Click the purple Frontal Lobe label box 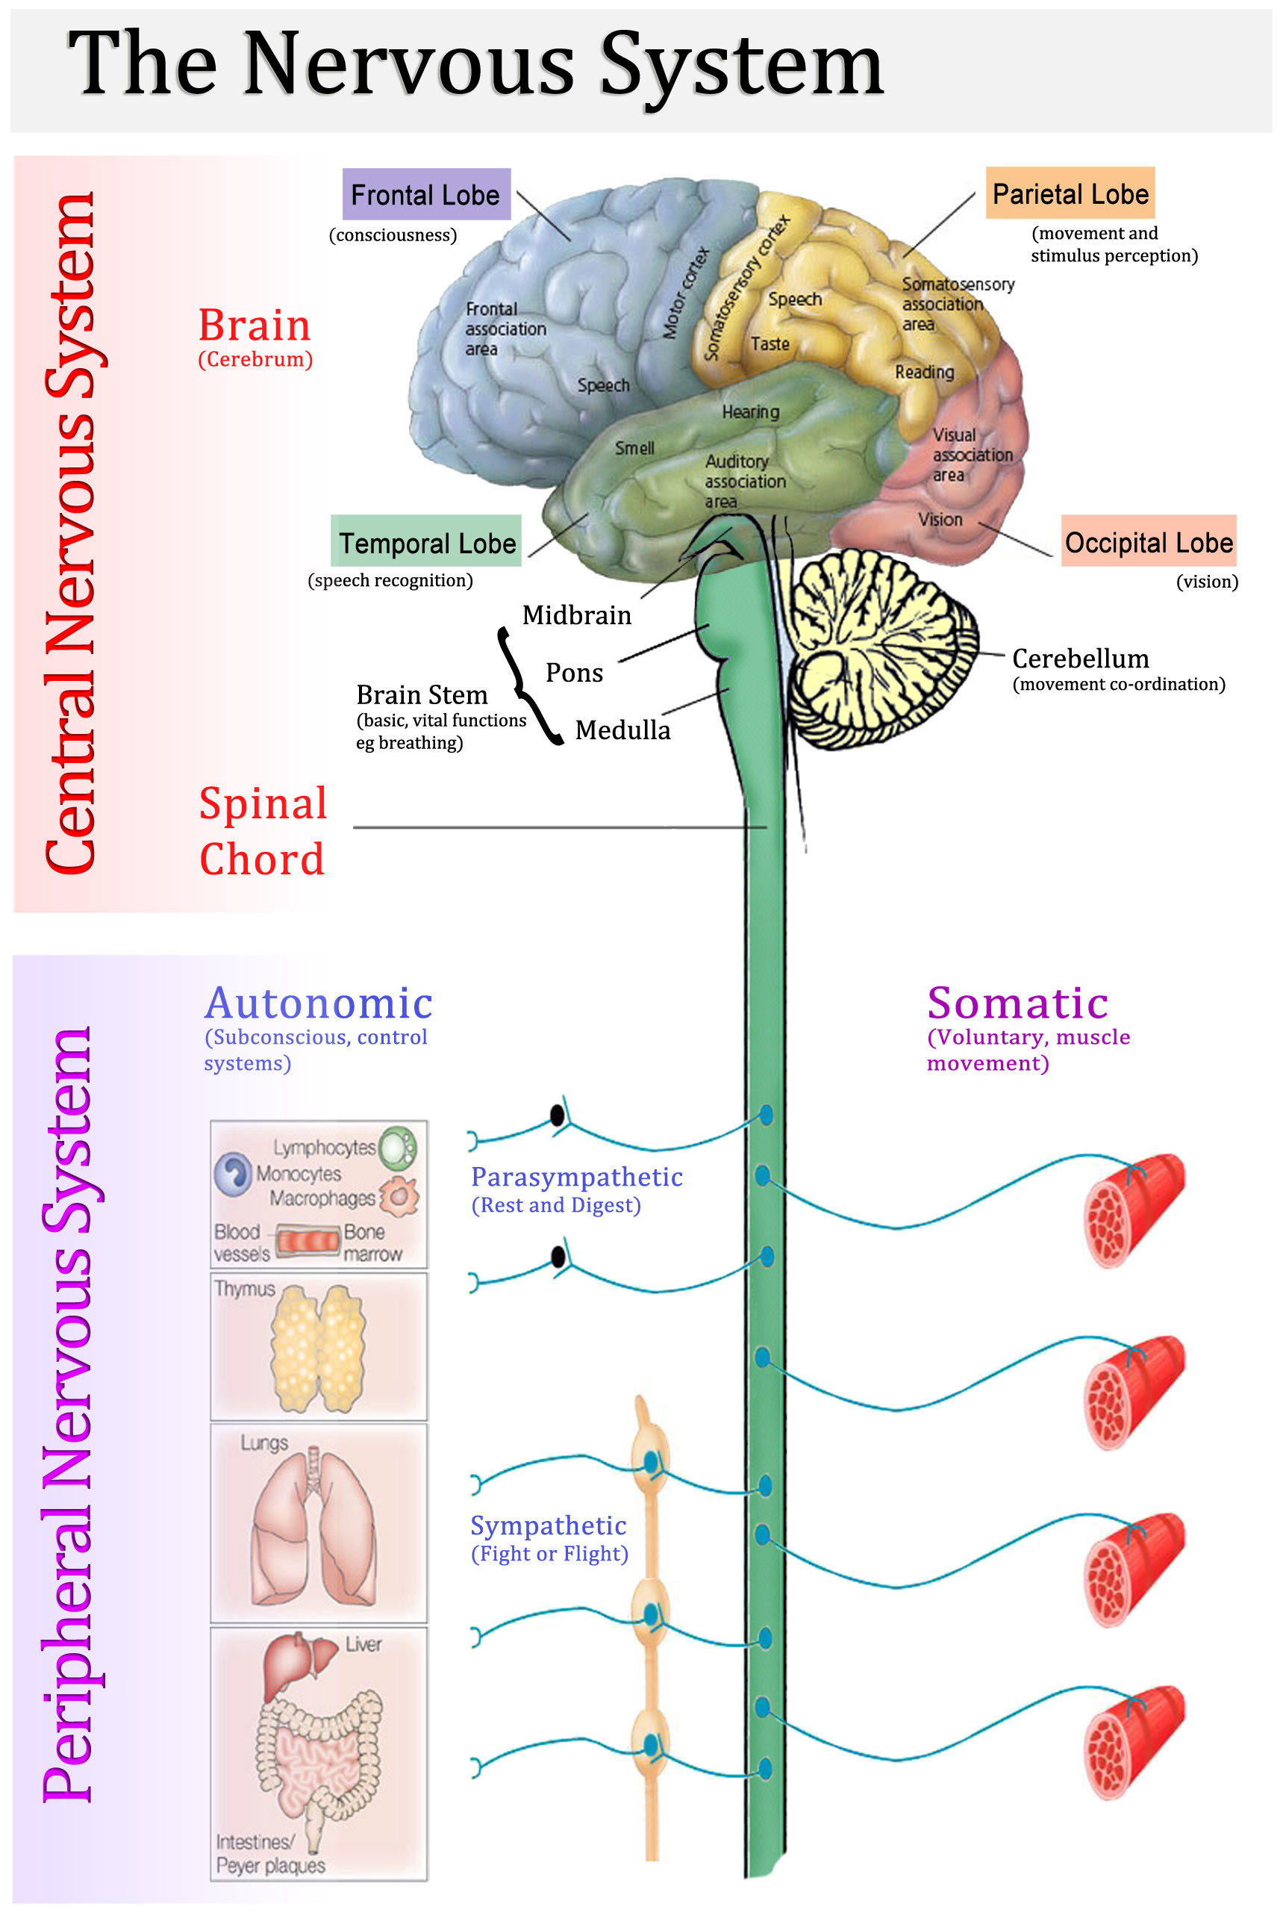pyautogui.click(x=425, y=194)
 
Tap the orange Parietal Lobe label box pyautogui.click(x=1070, y=193)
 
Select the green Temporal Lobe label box pyautogui.click(x=426, y=542)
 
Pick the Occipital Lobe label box pyautogui.click(x=1148, y=541)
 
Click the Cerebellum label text pyautogui.click(x=1080, y=658)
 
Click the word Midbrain pyautogui.click(x=576, y=615)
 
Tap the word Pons pyautogui.click(x=574, y=673)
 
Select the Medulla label pyautogui.click(x=622, y=730)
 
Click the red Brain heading pyautogui.click(x=255, y=325)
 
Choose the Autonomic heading pyautogui.click(x=318, y=1003)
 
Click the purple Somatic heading pyautogui.click(x=1017, y=1003)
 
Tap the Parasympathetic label pyautogui.click(x=576, y=1176)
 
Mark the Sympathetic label pyautogui.click(x=548, y=1525)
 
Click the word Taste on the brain pyautogui.click(x=770, y=343)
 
